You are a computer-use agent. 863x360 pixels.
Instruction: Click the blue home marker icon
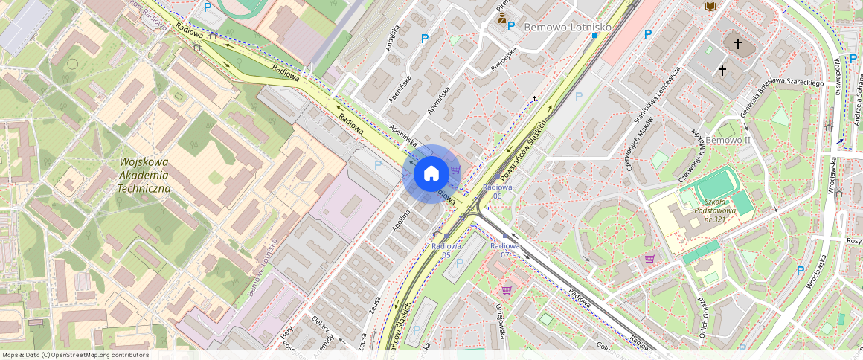tap(431, 173)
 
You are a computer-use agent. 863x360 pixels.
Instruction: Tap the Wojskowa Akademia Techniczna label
tap(144, 175)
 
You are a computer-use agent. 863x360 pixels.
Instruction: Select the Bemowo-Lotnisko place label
tap(568, 27)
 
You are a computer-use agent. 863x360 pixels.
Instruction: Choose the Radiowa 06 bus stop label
tap(497, 190)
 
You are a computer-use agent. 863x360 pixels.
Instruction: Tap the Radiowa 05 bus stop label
tap(446, 250)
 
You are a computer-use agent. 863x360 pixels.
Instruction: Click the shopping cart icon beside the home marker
tap(455, 170)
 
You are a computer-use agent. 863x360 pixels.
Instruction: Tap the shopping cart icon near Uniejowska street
tap(507, 290)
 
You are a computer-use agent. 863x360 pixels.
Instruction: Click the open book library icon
tap(710, 6)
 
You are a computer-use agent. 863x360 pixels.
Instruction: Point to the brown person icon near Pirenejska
tap(503, 19)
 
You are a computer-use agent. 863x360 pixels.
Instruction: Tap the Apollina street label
tap(402, 222)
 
